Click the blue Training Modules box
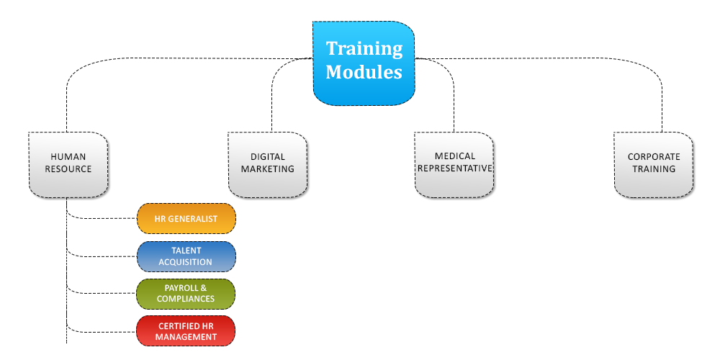pos(364,63)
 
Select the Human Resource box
pos(68,165)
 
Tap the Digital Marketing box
pos(268,165)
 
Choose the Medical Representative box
pos(454,165)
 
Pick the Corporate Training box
pos(654,165)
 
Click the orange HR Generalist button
pos(186,219)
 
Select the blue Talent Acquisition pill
pos(186,256)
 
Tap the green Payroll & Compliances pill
pos(186,294)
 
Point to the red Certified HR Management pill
pos(186,331)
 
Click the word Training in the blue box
pos(364,49)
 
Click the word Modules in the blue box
pos(364,72)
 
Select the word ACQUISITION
pos(186,262)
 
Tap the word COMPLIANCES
pos(186,299)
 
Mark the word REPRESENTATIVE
pos(454,168)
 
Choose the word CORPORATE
pos(654,157)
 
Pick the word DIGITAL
pos(268,157)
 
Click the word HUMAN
pos(68,157)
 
